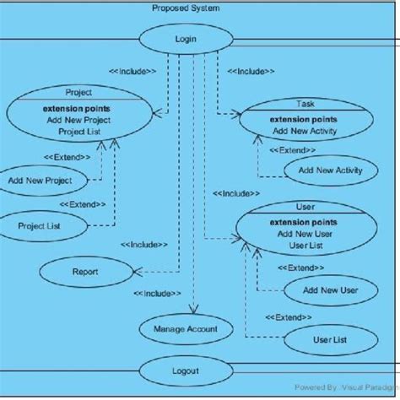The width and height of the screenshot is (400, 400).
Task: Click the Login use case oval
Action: pos(185,39)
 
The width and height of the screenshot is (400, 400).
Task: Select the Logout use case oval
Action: pos(185,370)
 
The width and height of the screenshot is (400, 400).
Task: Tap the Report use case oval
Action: pos(85,272)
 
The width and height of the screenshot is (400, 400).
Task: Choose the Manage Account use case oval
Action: pos(185,329)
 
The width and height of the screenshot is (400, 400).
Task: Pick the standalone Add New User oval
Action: pos(327,289)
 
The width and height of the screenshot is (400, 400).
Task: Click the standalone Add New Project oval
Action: pos(40,181)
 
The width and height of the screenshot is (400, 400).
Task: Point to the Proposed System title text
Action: pos(186,8)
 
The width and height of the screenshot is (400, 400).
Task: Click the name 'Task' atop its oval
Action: pos(305,104)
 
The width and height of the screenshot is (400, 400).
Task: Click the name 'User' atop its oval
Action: pos(305,206)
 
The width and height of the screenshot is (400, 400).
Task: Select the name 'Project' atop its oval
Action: pos(78,93)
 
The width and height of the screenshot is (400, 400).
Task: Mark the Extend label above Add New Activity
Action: pos(292,149)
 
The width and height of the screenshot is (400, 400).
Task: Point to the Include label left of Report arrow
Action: pos(143,245)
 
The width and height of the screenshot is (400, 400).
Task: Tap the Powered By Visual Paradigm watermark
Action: pos(346,386)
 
